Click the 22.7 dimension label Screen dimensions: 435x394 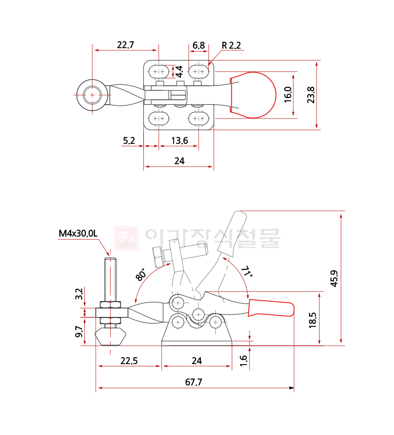(126, 45)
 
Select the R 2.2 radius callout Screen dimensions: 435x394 (231, 45)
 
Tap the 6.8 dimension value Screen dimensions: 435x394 (198, 45)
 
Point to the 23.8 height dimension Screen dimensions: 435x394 (311, 95)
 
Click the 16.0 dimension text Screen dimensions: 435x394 (288, 95)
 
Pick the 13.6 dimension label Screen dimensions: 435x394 (179, 141)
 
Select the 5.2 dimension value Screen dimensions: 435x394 (129, 141)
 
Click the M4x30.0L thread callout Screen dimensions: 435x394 (78, 233)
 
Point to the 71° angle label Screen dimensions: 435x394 (247, 272)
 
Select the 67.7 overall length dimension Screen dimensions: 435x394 (193, 382)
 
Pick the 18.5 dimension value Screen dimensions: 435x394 (312, 320)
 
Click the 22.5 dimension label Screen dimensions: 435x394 (130, 361)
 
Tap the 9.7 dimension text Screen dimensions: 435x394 (79, 332)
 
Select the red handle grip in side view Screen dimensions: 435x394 (271, 308)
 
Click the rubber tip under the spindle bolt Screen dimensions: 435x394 (110, 336)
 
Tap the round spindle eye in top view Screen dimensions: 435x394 (92, 94)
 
